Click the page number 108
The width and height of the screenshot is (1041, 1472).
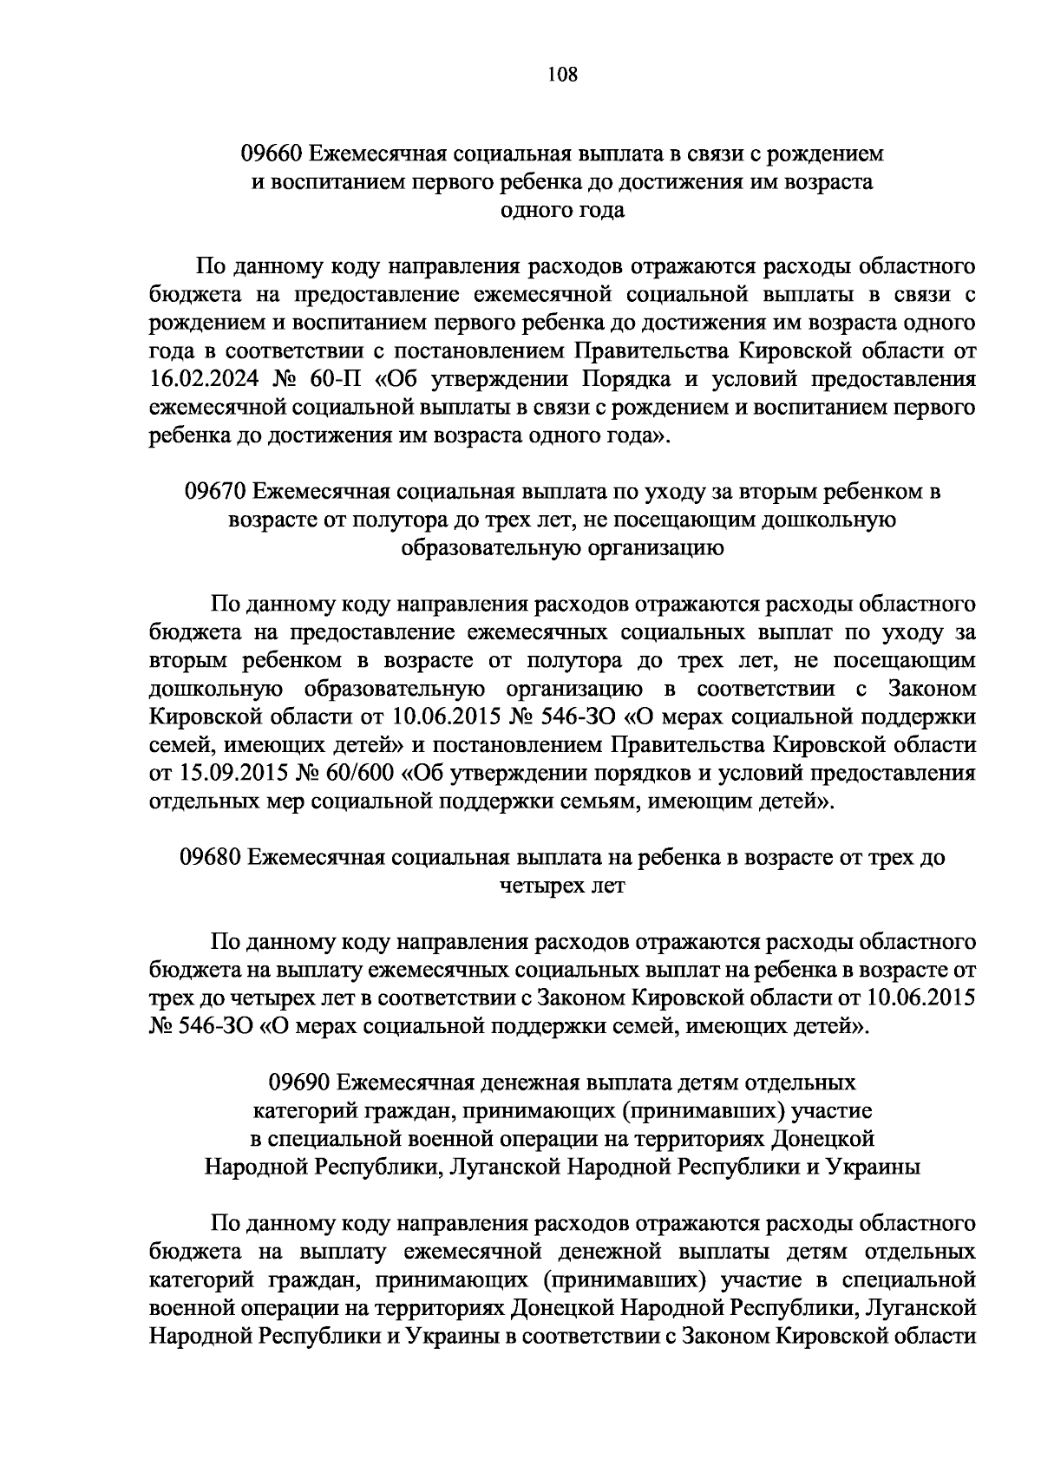(x=562, y=74)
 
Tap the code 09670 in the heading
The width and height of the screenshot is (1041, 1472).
(x=213, y=492)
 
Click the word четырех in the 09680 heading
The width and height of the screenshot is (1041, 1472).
(x=538, y=886)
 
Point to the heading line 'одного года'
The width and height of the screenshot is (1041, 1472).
(x=562, y=211)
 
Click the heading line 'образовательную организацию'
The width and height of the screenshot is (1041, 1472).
(x=562, y=548)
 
